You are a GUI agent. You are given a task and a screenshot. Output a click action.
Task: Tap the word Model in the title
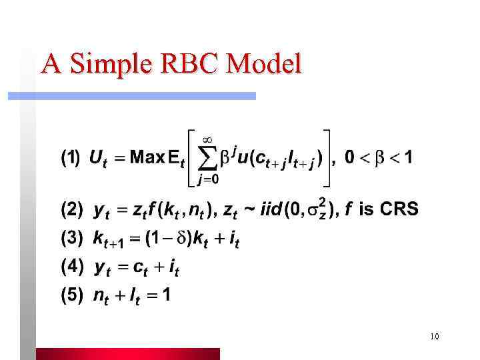[264, 64]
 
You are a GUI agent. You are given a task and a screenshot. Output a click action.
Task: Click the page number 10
[434, 337]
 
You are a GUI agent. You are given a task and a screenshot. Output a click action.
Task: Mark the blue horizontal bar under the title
[131, 96]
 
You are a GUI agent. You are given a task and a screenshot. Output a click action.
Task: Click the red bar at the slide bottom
[127, 354]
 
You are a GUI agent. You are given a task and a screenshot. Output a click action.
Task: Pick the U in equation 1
[95, 159]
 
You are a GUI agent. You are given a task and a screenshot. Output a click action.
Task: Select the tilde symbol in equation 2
[247, 210]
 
